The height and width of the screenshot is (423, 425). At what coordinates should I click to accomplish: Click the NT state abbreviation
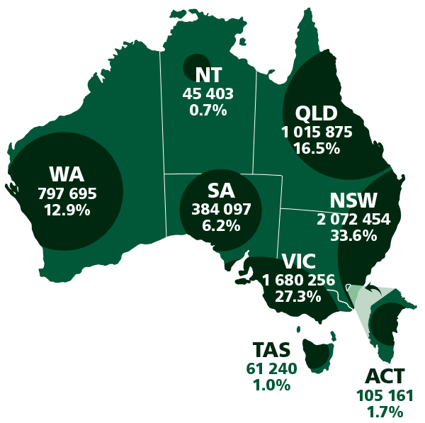[x=208, y=75]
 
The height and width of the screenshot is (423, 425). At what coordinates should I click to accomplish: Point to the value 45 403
[x=208, y=93]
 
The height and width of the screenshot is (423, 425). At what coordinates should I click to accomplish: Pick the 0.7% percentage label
[x=208, y=110]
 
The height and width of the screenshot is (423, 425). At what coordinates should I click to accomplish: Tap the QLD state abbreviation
[x=317, y=113]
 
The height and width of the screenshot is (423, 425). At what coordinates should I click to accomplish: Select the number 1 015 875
[x=317, y=132]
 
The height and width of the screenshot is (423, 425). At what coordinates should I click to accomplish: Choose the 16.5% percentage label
[x=317, y=149]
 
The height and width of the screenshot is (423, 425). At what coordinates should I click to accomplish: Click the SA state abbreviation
[x=221, y=191]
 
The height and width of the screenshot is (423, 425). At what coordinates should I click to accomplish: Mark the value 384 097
[x=221, y=209]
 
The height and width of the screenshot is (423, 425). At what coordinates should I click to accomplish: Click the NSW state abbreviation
[x=353, y=201]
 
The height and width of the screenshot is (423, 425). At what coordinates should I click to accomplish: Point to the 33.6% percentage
[x=353, y=236]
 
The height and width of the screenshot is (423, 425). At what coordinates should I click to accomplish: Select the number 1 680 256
[x=298, y=280]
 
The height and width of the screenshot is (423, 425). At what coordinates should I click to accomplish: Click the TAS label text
[x=271, y=351]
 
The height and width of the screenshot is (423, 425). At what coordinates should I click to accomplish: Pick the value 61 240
[x=271, y=368]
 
